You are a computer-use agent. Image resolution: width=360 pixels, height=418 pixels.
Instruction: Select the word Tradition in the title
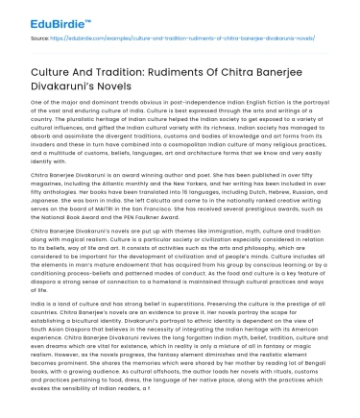[x=114, y=69]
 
